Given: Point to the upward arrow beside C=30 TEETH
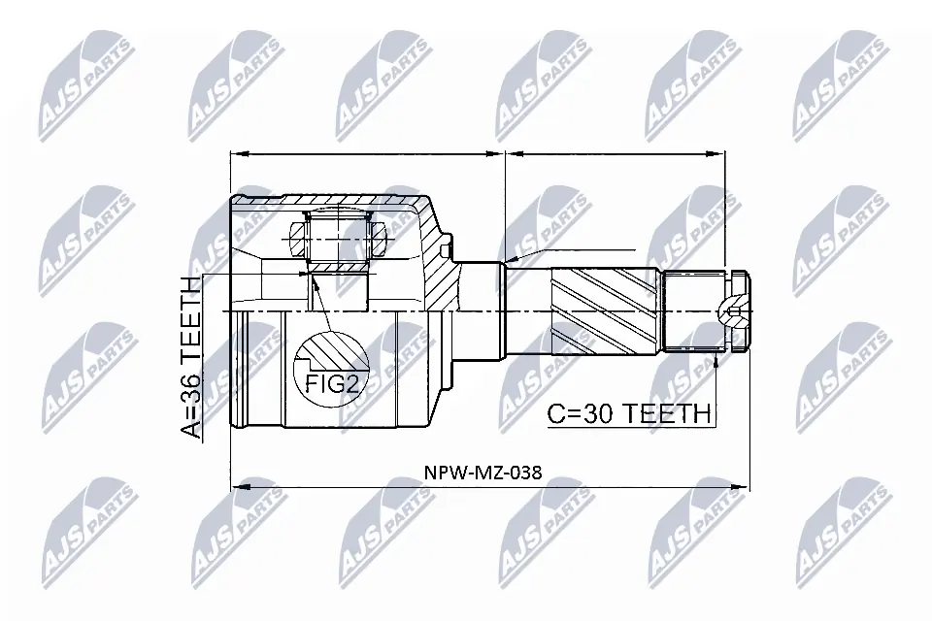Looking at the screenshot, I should (716, 363).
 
